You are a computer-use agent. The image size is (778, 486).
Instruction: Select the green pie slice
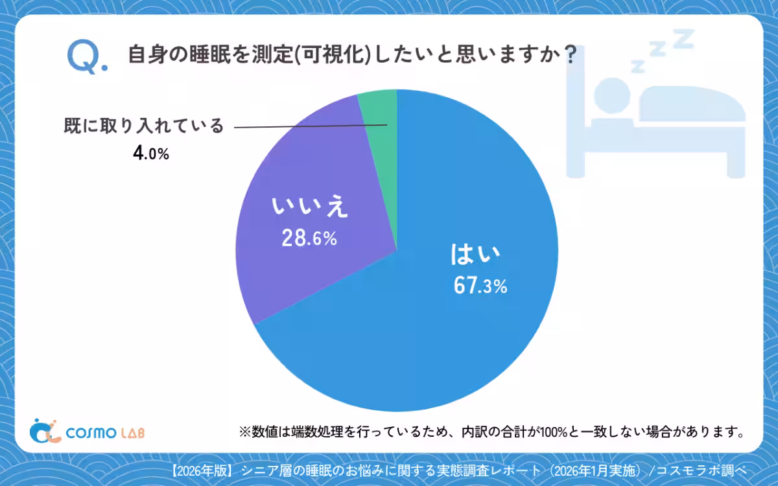(380, 110)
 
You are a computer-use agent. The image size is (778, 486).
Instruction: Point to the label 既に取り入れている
(143, 126)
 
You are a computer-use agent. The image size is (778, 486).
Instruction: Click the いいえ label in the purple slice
(311, 209)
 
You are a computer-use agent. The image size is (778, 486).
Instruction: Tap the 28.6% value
(309, 238)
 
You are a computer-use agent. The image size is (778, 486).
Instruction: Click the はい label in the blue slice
(476, 255)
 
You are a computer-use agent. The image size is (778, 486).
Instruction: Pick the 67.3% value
(480, 286)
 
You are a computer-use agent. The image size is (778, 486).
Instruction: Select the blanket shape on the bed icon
(691, 104)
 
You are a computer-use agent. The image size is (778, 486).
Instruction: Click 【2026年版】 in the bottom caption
(202, 470)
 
